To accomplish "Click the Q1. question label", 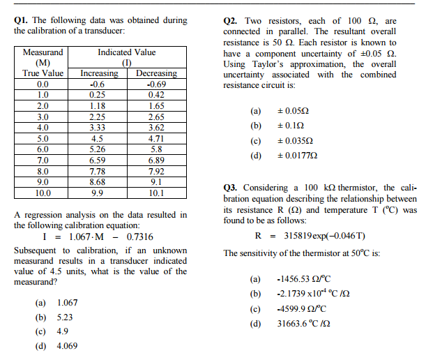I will pyautogui.click(x=22, y=20).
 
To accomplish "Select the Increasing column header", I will pyautogui.click(x=99, y=73).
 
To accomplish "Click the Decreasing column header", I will pyautogui.click(x=156, y=73).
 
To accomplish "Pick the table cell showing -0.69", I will pyautogui.click(x=156, y=84).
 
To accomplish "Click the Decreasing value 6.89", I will pyautogui.click(x=156, y=160).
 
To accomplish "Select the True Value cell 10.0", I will pyautogui.click(x=43, y=192).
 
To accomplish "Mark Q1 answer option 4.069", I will pyautogui.click(x=67, y=345).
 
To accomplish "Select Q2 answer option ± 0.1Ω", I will pyautogui.click(x=290, y=126).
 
